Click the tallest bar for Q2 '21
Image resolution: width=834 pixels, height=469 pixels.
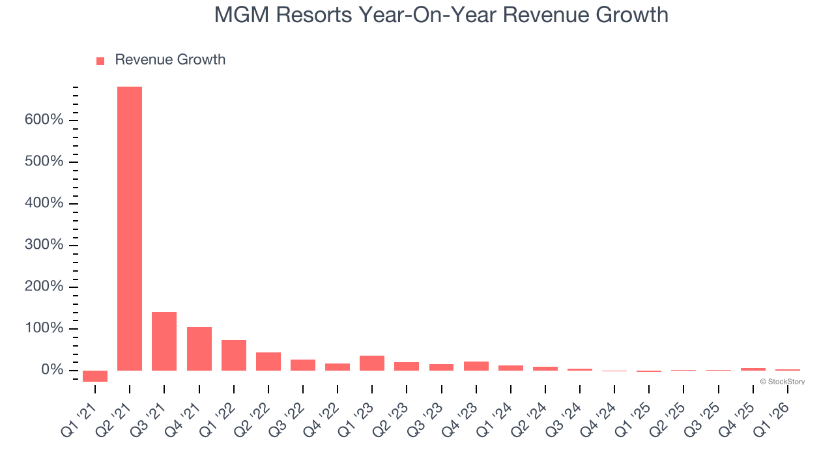coord(130,228)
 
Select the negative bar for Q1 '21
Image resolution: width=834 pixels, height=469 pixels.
coord(95,376)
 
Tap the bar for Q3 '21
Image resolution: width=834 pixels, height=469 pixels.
coord(164,341)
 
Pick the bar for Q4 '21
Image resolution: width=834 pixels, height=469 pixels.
coord(199,348)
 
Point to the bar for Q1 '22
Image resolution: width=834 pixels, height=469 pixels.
coord(233,355)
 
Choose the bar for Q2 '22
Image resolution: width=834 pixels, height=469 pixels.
coord(268,362)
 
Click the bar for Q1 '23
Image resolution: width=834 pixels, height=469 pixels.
coord(372,363)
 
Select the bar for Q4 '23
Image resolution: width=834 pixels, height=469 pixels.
coord(476,366)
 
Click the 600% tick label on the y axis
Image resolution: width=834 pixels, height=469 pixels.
coord(44,121)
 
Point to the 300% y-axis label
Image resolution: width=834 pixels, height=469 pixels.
coord(44,245)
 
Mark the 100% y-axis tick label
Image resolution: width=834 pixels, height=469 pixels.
coord(44,328)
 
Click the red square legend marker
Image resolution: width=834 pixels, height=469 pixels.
coord(100,61)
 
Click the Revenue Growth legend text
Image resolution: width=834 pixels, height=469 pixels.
coord(170,60)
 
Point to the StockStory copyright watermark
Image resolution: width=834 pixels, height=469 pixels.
coord(783,382)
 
